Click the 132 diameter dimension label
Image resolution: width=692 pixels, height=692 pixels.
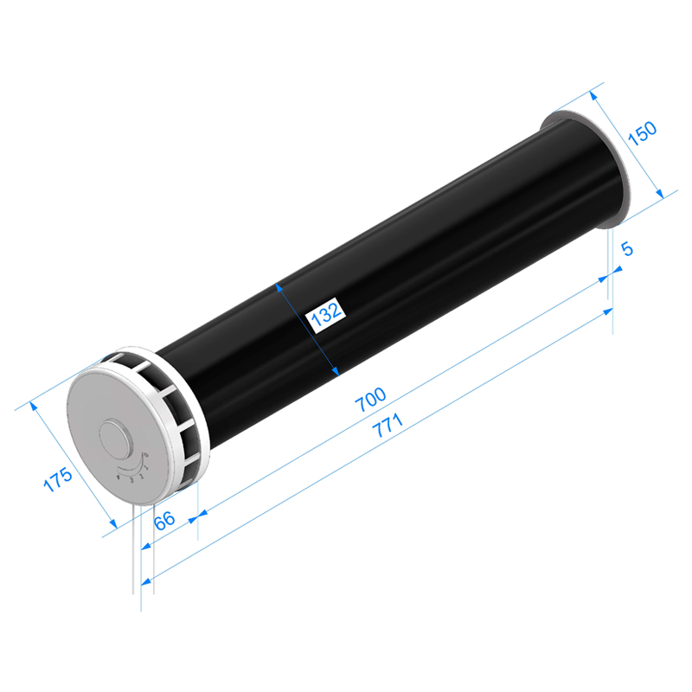[326, 315]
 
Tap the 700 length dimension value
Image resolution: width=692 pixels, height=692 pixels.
[371, 400]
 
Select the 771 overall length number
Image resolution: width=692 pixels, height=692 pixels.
[388, 425]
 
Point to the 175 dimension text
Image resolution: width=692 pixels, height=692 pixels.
[58, 479]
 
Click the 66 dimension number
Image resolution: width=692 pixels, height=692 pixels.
[164, 520]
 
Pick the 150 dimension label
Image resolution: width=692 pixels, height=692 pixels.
[642, 133]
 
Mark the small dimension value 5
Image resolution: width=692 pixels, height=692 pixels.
[626, 249]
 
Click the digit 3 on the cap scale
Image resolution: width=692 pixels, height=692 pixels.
[131, 480]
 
